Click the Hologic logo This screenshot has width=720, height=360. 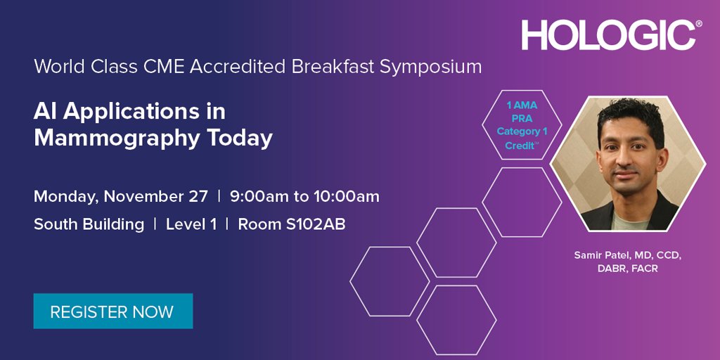coord(609,34)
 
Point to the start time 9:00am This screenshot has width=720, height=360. coord(259,196)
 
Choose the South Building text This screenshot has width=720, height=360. coord(89,224)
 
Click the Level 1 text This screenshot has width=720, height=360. coord(191,224)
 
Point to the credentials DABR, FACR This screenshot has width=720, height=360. coord(625,269)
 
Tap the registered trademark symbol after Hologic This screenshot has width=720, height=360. coord(698,24)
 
